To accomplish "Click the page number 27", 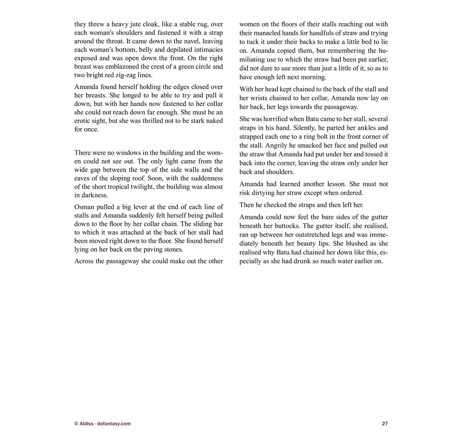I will tap(385, 423).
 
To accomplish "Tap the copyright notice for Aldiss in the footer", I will tap(102, 423).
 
